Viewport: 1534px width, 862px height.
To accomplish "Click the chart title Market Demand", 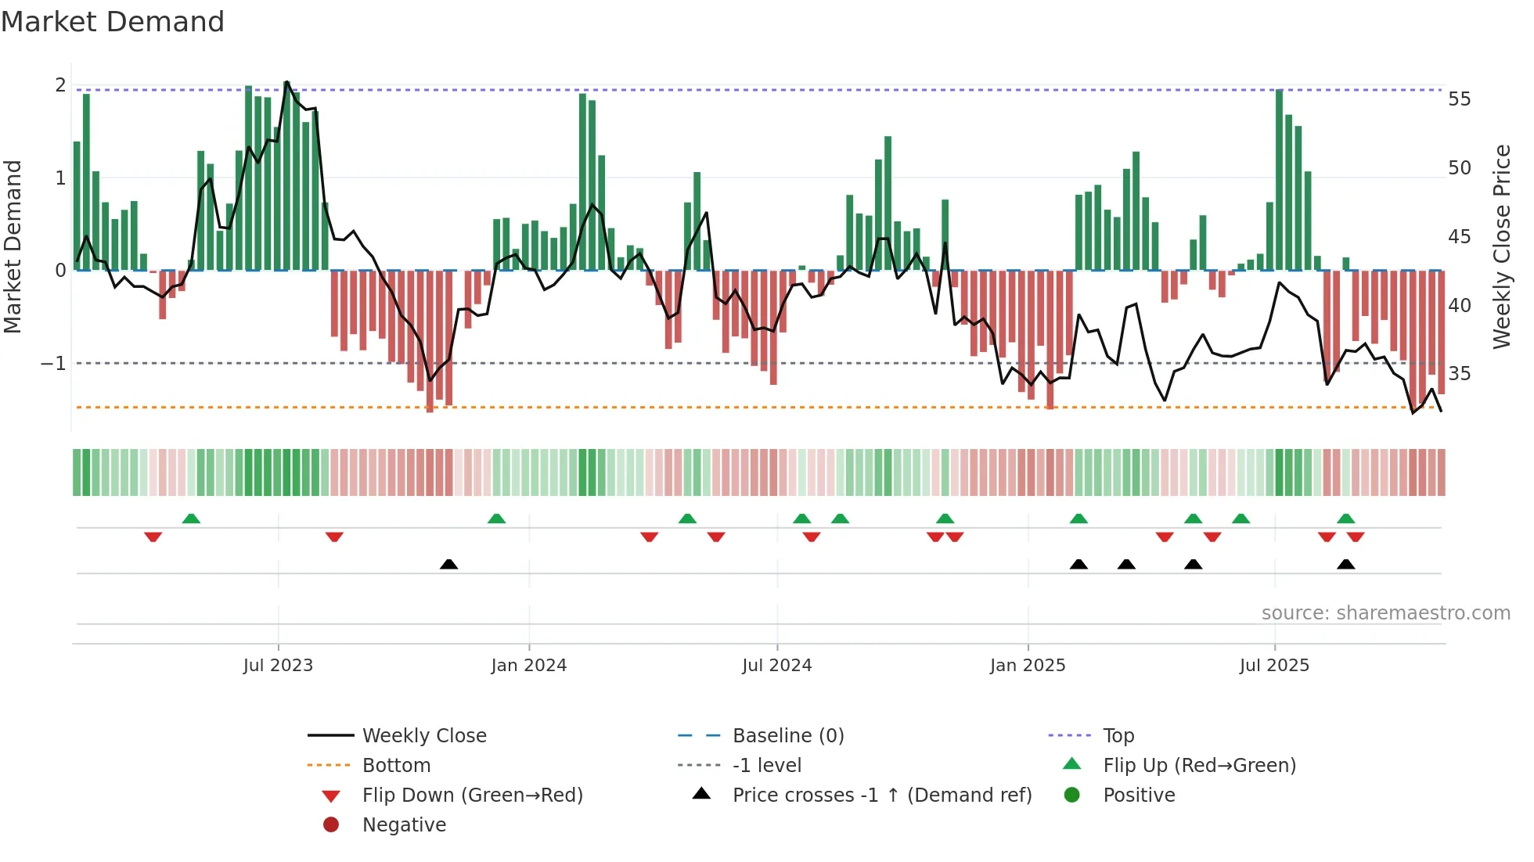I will [113, 22].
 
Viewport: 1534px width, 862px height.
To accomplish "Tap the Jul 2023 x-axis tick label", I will [278, 666].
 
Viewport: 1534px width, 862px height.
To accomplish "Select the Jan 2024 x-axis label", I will [528, 666].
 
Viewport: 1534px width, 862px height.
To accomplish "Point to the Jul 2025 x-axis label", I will [1273, 666].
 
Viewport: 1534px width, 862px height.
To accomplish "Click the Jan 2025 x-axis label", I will [1027, 666].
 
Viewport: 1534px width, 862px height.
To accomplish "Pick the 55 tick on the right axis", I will [1459, 99].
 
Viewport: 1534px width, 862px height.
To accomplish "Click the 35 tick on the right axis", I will [1459, 374].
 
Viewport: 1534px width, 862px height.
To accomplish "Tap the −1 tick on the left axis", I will [53, 364].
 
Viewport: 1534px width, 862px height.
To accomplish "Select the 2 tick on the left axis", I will [60, 85].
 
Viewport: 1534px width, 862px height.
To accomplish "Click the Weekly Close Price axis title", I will [1501, 246].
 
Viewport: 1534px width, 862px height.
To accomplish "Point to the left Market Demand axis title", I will [13, 246].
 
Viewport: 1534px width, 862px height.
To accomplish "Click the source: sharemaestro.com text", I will [1385, 613].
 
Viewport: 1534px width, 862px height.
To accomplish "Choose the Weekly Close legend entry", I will [423, 736].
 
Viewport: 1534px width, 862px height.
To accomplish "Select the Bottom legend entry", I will [396, 766].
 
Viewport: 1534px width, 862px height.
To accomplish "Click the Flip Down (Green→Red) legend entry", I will [472, 796].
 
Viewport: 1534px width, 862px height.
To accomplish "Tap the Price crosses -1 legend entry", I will [881, 796].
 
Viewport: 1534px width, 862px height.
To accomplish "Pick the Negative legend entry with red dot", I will [404, 825].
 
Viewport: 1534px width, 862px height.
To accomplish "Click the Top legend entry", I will [1118, 736].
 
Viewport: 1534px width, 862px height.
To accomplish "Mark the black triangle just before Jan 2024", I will [448, 564].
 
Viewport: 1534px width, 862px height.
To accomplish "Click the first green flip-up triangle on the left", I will [191, 519].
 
